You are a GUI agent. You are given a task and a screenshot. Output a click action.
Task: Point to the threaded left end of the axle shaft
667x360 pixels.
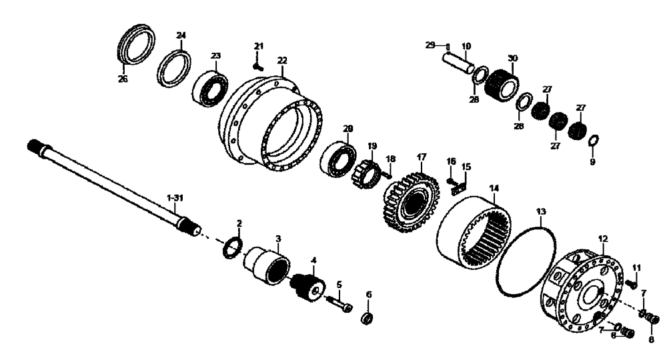coord(37,146)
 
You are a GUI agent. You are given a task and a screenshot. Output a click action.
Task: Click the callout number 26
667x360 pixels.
coord(123,79)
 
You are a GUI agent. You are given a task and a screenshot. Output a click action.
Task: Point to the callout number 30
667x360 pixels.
coord(512,59)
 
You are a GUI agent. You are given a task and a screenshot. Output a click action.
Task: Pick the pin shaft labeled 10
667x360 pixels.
coord(460,64)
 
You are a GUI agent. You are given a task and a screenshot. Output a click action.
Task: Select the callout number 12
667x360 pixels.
coord(603,238)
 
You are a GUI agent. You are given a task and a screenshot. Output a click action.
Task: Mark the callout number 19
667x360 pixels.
coord(372,145)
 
